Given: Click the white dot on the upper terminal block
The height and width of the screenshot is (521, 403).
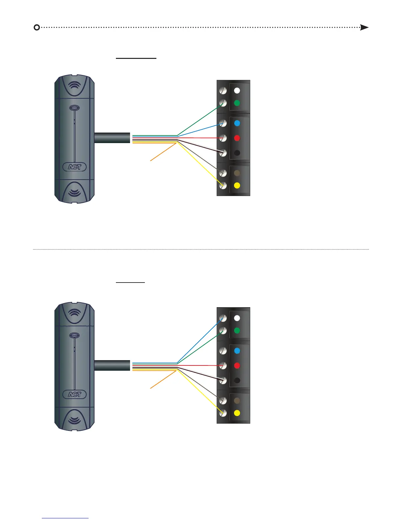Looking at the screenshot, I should tap(237, 90).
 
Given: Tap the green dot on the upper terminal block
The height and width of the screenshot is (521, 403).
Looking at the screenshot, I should tap(237, 103).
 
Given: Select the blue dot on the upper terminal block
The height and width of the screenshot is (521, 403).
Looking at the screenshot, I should tap(237, 123).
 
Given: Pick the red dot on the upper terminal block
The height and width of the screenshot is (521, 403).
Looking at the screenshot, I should tap(237, 138).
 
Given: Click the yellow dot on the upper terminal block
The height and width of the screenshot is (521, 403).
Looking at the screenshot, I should tap(237, 186).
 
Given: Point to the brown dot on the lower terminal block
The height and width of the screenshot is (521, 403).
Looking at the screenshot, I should tap(237, 401).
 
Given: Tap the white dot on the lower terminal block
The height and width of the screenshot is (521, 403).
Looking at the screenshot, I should tap(237, 318).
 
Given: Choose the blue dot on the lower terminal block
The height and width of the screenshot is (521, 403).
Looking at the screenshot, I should tap(237, 351).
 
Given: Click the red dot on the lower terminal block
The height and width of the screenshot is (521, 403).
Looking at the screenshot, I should tap(237, 365).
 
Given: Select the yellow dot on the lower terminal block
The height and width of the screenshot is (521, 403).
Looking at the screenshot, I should tap(237, 413).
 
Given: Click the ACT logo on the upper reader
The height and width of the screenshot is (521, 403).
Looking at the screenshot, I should tap(74, 167).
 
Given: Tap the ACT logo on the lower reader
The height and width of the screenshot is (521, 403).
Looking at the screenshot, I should tap(74, 395).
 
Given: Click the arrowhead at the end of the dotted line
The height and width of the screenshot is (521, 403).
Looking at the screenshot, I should tap(364, 27).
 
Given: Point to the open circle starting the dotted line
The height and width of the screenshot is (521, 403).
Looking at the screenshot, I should tap(37, 27).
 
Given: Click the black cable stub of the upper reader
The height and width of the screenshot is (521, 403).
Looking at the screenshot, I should tap(112, 138).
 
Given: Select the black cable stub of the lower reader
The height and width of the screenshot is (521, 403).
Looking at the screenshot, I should tap(112, 365).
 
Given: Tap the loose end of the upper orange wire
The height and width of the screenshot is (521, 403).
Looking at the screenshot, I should tap(151, 161).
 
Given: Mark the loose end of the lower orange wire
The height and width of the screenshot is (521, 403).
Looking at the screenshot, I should tap(151, 388).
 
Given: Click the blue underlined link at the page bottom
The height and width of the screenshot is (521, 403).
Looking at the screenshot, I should tap(65, 518).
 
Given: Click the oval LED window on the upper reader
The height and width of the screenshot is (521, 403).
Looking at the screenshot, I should tap(74, 108).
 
